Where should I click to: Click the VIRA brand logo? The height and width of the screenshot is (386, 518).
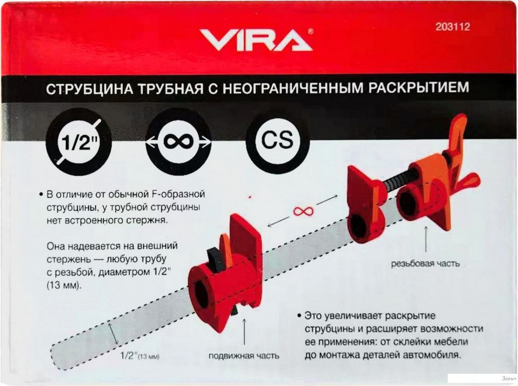coord(256,39)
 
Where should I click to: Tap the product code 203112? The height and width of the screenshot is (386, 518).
coord(453,26)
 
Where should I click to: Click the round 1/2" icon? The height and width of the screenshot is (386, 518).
coord(79,142)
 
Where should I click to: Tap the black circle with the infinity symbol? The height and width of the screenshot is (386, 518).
coord(179,142)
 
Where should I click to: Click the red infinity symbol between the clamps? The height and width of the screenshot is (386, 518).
coord(303,210)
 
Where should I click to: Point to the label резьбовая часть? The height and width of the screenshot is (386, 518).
coord(425,264)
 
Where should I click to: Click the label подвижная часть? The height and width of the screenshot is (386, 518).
coord(244,356)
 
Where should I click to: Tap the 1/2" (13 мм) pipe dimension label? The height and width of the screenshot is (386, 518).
coord(140,356)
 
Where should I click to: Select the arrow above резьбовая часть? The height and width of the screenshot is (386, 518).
coord(425,240)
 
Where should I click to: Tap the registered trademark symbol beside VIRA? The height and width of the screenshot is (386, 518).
coord(311,32)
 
